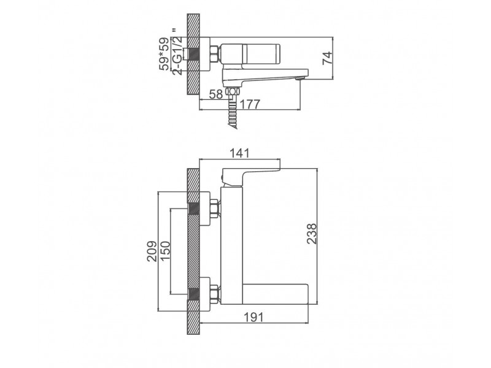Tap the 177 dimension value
[x=250, y=104]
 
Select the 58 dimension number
[x=216, y=94]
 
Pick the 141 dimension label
[x=240, y=153]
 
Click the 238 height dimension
[x=312, y=234]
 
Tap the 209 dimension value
[x=152, y=251]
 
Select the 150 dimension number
[x=164, y=251]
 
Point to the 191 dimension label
[x=253, y=317]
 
